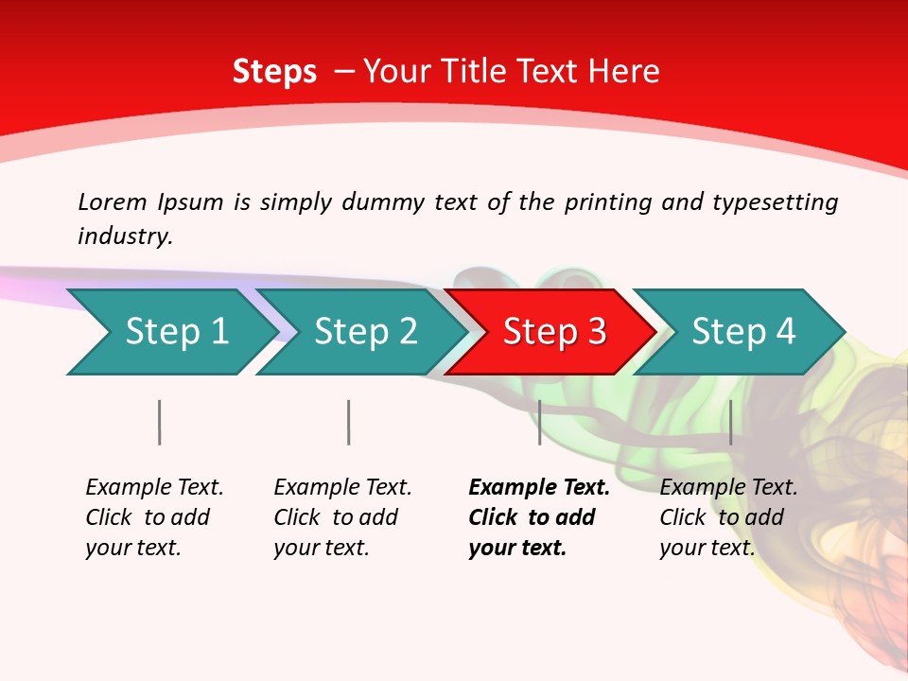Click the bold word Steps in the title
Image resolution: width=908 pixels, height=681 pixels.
click(274, 71)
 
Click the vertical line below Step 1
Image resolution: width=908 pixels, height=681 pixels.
click(160, 422)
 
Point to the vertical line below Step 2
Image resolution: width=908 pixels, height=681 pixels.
click(349, 422)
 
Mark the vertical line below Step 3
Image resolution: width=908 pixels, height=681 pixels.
click(539, 422)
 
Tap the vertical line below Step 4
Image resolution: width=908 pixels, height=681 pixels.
click(730, 422)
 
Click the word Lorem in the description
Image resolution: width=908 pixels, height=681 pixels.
click(113, 202)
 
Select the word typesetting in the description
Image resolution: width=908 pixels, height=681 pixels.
click(775, 202)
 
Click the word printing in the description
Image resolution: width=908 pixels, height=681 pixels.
click(607, 202)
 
